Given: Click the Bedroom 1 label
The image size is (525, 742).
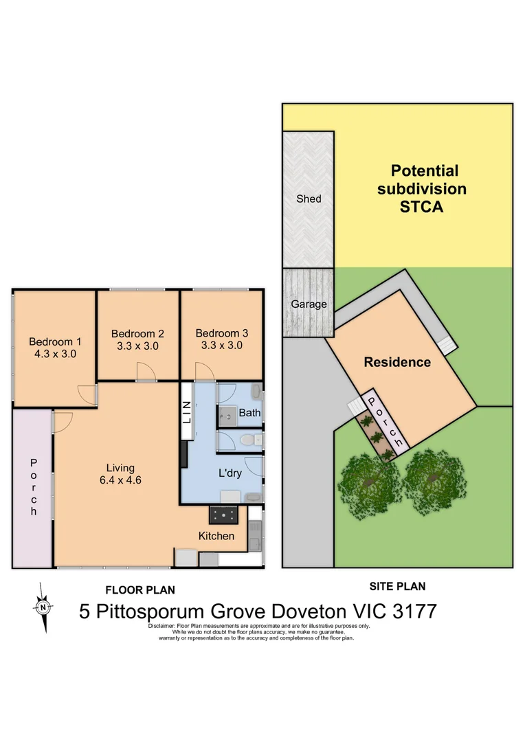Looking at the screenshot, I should pyautogui.click(x=55, y=341).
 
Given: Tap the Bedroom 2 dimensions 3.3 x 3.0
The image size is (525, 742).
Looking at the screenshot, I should pyautogui.click(x=137, y=346).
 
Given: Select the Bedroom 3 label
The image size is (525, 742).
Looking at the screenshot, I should pyautogui.click(x=221, y=333).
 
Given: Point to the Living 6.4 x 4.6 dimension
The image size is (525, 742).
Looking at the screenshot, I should pyautogui.click(x=120, y=480).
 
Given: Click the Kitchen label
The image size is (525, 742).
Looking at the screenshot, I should pyautogui.click(x=216, y=536).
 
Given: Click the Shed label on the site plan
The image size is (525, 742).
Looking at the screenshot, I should pyautogui.click(x=309, y=199).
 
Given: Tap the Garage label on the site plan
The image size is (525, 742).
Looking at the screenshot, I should pyautogui.click(x=309, y=304).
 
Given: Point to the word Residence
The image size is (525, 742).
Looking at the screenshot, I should pyautogui.click(x=397, y=362).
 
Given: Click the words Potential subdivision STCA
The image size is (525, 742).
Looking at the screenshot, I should pyautogui.click(x=421, y=188).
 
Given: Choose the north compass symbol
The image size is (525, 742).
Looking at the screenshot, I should pyautogui.click(x=43, y=607).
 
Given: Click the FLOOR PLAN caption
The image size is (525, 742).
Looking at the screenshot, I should pyautogui.click(x=139, y=589).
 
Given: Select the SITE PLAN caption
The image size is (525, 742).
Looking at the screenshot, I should pyautogui.click(x=397, y=586).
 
